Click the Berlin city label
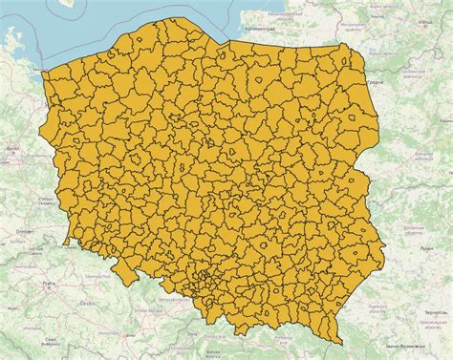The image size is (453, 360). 12,150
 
